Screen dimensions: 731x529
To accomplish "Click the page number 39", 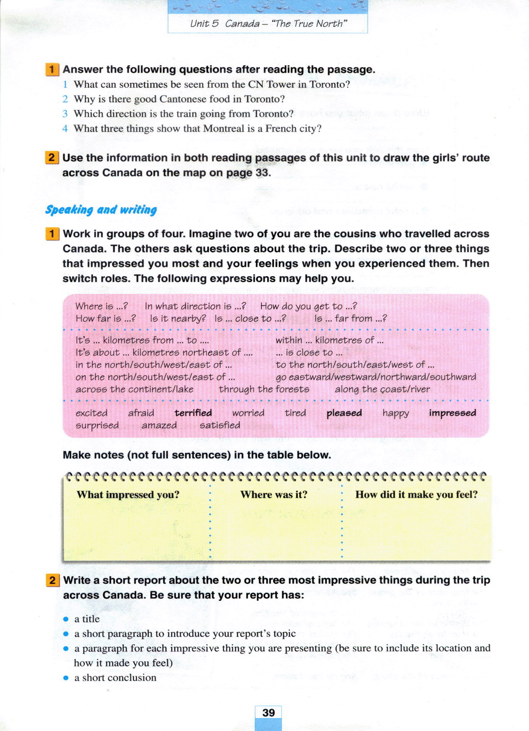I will pyautogui.click(x=268, y=713).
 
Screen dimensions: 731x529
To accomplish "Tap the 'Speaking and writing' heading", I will pyautogui.click(x=101, y=210).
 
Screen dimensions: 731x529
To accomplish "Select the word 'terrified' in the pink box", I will pyautogui.click(x=193, y=413).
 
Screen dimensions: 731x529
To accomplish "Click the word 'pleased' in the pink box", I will pyautogui.click(x=344, y=413).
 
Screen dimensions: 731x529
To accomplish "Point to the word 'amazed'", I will pyautogui.click(x=159, y=425).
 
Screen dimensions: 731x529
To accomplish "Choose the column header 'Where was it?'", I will pyautogui.click(x=274, y=494).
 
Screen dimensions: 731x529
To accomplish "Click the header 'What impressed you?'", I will pyautogui.click(x=128, y=494).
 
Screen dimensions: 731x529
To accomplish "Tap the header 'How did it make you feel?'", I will pyautogui.click(x=416, y=494).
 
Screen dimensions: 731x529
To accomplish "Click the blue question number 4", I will pyautogui.click(x=65, y=129).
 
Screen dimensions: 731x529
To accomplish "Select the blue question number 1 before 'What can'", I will pyautogui.click(x=65, y=84).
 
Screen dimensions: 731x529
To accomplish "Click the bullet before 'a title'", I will pyautogui.click(x=66, y=619).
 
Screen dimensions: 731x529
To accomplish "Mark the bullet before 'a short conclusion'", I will pyautogui.click(x=66, y=678).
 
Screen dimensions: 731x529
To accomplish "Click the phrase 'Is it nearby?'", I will pyautogui.click(x=178, y=319).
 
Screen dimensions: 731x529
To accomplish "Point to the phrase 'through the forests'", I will pyautogui.click(x=264, y=389).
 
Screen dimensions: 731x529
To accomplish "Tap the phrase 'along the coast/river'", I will pyautogui.click(x=382, y=389).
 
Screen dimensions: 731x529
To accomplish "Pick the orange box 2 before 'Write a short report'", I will pyautogui.click(x=52, y=580).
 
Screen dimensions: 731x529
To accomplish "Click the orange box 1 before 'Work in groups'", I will pyautogui.click(x=52, y=234).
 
